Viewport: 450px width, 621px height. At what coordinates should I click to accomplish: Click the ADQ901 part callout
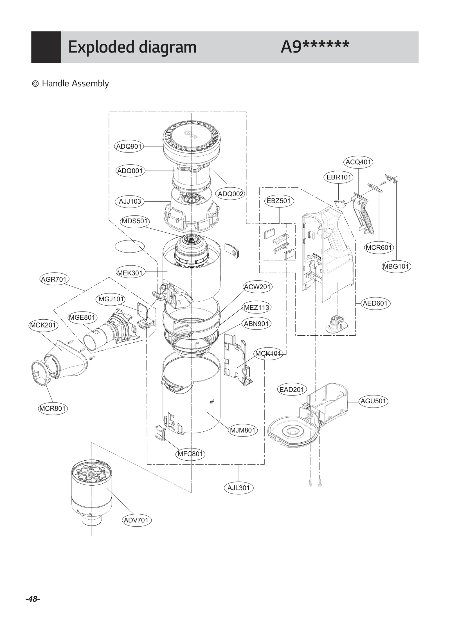tap(129, 146)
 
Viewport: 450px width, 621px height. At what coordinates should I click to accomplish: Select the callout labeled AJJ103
tap(130, 201)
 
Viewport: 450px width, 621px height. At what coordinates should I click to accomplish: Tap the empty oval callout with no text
tap(130, 246)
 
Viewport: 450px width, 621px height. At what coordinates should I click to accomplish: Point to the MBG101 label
tap(396, 266)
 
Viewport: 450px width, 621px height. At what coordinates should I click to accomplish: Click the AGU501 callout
tap(373, 401)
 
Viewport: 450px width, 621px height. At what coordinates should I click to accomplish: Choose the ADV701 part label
tap(136, 520)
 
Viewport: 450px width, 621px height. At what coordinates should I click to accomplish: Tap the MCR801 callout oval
tap(53, 408)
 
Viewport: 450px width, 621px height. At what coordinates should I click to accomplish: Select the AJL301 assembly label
tap(238, 488)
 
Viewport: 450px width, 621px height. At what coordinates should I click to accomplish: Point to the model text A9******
tap(315, 47)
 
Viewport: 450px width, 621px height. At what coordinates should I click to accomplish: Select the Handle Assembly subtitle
tap(75, 83)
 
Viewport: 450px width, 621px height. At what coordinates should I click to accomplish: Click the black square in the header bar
tap(46, 47)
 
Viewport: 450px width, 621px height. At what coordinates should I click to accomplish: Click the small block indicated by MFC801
tap(160, 433)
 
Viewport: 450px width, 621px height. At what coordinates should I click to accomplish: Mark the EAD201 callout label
tap(292, 390)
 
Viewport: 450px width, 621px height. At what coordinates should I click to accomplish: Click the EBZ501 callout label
tap(278, 201)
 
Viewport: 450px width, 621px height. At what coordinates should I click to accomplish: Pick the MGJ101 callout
tap(111, 299)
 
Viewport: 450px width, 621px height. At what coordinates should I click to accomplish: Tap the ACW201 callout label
tap(257, 287)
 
